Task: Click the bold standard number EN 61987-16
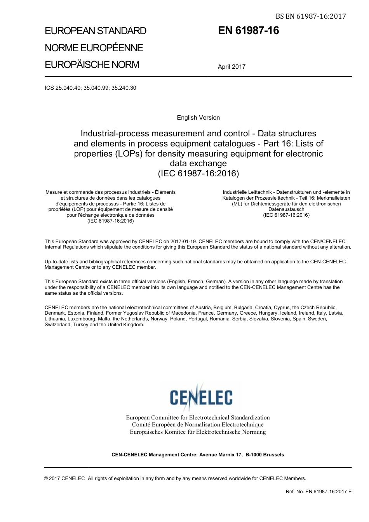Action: (x=248, y=31)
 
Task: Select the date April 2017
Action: (x=231, y=66)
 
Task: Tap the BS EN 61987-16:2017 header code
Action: (x=310, y=16)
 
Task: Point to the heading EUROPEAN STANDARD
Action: (x=96, y=31)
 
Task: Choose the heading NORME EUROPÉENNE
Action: (x=94, y=48)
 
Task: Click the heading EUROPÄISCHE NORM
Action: (x=92, y=64)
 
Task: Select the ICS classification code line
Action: (x=91, y=88)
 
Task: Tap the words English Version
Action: (x=198, y=118)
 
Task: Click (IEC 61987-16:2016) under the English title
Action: (x=198, y=173)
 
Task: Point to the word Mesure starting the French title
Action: (x=54, y=192)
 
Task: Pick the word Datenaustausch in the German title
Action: (x=286, y=209)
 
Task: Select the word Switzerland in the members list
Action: (x=57, y=325)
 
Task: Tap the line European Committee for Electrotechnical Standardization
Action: (x=198, y=418)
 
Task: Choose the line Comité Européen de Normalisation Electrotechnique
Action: (x=198, y=425)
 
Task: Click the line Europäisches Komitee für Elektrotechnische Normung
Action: (x=198, y=432)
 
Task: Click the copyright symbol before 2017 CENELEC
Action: (x=47, y=478)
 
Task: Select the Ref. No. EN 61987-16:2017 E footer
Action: (x=319, y=491)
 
